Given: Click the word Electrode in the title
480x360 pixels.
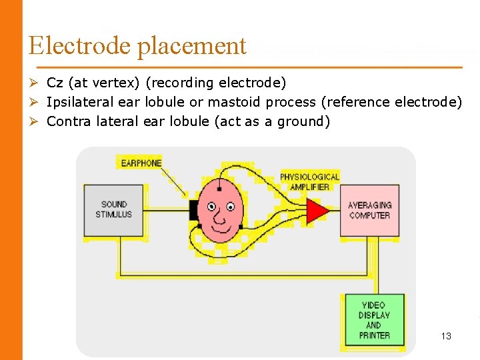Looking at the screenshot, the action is (x=80, y=45).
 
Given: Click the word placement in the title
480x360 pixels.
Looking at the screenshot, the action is (x=192, y=47).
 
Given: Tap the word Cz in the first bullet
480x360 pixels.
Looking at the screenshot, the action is (x=55, y=83).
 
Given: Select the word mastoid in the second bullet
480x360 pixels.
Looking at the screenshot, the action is (x=235, y=102).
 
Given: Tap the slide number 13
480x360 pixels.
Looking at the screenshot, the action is (x=446, y=336).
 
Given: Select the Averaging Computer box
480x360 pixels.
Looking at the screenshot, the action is (x=370, y=211).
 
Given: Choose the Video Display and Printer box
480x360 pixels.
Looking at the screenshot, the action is (x=374, y=320).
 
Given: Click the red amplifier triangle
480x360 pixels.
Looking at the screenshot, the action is (x=317, y=210).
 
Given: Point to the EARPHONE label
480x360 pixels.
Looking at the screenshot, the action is (x=141, y=163).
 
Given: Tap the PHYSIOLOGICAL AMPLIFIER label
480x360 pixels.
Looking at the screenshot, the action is (x=310, y=181).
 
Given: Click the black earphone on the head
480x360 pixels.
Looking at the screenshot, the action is (x=194, y=209).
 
